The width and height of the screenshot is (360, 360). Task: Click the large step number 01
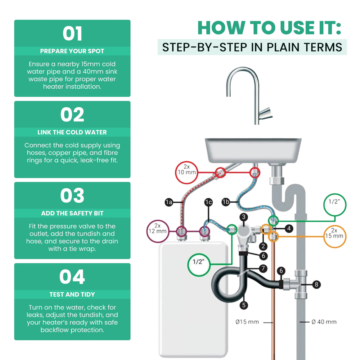click(72, 34)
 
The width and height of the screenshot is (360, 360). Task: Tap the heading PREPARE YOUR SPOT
click(72, 51)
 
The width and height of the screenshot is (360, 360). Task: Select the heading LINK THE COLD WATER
click(72, 132)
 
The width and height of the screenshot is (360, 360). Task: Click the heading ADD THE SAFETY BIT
click(72, 213)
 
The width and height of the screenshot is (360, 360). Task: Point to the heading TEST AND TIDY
click(72, 294)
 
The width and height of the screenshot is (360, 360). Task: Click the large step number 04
click(72, 277)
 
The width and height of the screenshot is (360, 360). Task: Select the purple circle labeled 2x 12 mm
click(147, 231)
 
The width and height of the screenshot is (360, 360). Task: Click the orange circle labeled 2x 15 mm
click(335, 225)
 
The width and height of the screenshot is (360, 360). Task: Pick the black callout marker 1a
click(169, 202)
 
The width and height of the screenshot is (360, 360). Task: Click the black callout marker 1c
click(209, 202)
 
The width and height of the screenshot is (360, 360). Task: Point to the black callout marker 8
click(316, 285)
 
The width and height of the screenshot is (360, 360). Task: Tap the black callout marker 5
click(244, 305)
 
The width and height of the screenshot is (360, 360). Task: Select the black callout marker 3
click(244, 217)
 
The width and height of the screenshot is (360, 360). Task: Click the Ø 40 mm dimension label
click(324, 322)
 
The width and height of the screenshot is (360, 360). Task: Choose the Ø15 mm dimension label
click(247, 322)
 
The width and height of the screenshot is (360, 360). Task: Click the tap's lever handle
click(266, 113)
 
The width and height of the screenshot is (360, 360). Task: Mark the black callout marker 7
click(263, 268)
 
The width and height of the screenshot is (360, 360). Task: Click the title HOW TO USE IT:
click(270, 28)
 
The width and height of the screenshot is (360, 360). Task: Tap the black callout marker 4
click(289, 228)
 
